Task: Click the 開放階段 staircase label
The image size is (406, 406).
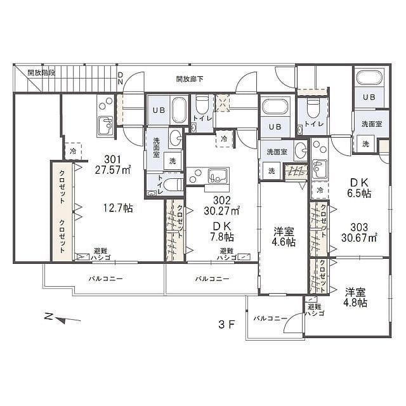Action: pos(41,73)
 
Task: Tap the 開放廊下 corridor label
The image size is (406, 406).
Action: pos(190,79)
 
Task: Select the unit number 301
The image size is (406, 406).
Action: pos(113,159)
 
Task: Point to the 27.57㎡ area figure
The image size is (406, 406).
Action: pos(113,170)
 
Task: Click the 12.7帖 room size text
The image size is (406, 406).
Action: pos(119,208)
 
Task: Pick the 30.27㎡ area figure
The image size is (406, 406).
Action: pos(221,211)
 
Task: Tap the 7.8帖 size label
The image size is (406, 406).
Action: pos(222,237)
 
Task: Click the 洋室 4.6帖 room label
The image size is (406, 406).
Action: pos(284,237)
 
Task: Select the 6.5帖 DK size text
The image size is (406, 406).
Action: pos(360,193)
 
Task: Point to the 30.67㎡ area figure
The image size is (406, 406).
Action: pos(359,238)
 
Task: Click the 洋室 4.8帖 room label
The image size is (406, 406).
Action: pos(355,298)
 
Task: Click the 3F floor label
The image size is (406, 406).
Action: pos(227,324)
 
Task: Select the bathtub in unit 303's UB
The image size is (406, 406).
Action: pos(369,77)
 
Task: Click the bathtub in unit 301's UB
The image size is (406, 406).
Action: pos(179,110)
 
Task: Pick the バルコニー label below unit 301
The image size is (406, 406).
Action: pos(106,279)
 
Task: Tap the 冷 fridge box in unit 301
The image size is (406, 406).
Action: pos(74,151)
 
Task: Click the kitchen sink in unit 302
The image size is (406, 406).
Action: pos(219,176)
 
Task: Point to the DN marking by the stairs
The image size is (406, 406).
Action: pos(121,79)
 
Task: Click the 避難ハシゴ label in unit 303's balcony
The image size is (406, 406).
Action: pos(315,310)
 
